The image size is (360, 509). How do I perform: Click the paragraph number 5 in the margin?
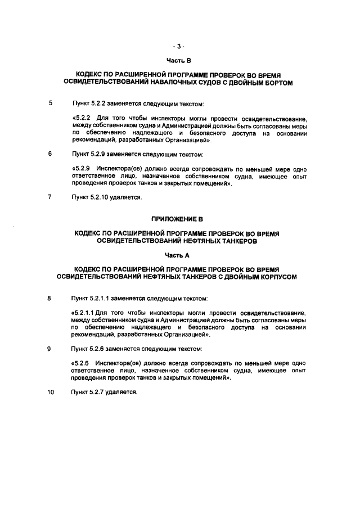click(51, 103)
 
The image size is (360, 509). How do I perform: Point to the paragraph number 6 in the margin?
click(51, 154)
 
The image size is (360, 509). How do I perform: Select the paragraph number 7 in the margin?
click(51, 197)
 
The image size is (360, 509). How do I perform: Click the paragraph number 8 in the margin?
click(51, 297)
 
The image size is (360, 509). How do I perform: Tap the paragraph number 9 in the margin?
click(51, 349)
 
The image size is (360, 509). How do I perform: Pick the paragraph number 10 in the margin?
click(51, 392)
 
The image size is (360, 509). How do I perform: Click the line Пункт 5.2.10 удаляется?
click(102, 197)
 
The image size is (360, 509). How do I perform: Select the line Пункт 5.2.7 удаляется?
click(101, 392)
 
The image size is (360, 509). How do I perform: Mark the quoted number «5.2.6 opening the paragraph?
click(79, 363)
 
